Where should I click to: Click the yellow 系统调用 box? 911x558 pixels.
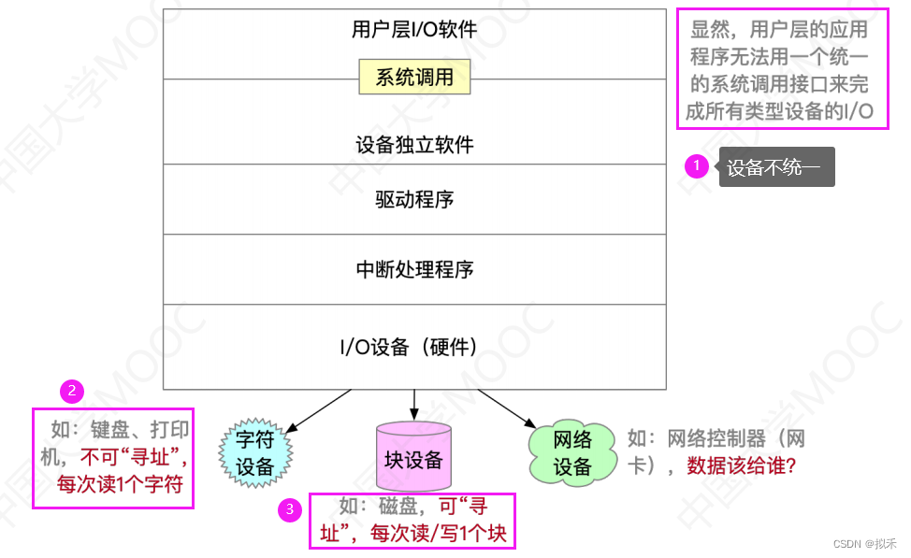click(x=414, y=78)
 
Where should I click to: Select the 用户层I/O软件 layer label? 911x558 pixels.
click(x=414, y=30)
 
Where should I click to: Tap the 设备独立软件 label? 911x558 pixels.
click(x=414, y=145)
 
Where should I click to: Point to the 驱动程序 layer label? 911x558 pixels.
click(x=414, y=199)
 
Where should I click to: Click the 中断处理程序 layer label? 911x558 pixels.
click(x=414, y=270)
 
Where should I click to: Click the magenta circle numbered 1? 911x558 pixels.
click(x=696, y=166)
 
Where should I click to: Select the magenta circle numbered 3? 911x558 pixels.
click(x=291, y=509)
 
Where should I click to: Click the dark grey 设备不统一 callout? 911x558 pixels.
click(x=774, y=169)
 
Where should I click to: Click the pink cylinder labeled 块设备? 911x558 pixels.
click(x=413, y=459)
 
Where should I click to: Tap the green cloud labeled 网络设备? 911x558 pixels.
click(x=572, y=453)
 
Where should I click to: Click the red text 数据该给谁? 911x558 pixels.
click(x=742, y=465)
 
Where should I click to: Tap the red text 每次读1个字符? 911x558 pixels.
click(x=119, y=484)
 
